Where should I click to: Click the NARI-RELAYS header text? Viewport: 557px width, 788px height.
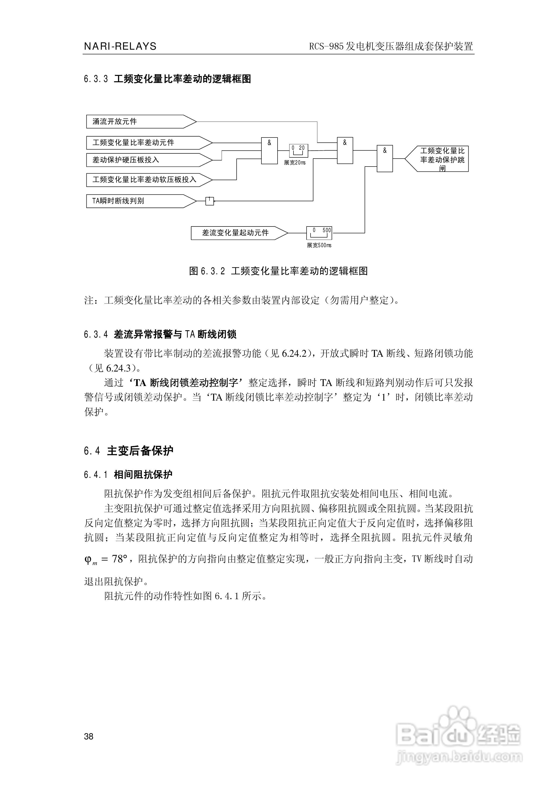point(120,46)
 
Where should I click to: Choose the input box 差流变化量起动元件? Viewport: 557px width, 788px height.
point(237,233)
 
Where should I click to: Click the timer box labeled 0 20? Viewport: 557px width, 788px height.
point(298,150)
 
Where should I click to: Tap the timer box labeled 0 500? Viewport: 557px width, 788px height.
point(319,233)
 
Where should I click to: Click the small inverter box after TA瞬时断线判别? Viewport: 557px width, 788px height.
point(209,201)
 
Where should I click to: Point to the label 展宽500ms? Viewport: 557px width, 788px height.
point(319,245)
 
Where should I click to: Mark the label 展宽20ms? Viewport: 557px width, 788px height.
point(295,163)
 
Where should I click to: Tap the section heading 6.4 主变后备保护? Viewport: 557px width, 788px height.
point(129,451)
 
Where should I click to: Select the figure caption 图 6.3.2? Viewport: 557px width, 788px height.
point(278,271)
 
